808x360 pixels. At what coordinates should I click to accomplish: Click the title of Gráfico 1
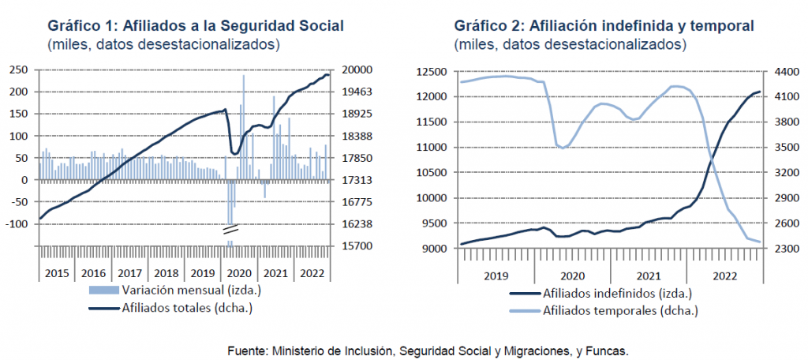tap(195, 26)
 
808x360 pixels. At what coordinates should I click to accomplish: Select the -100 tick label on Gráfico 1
tap(17, 224)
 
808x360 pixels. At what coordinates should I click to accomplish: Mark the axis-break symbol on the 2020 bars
tap(230, 231)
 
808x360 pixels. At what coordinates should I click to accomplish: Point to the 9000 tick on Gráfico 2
tap(439, 249)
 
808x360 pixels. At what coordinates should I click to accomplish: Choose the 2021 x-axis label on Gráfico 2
tap(647, 276)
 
